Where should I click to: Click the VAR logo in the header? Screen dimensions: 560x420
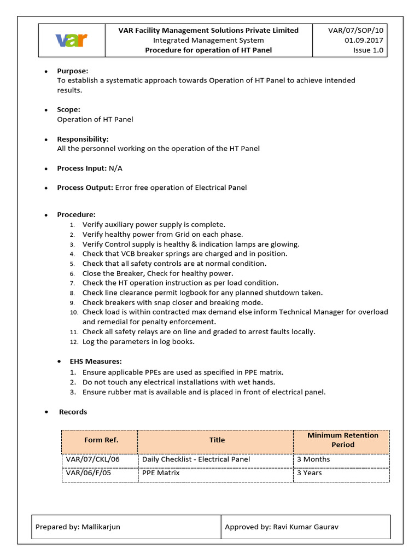point(72,40)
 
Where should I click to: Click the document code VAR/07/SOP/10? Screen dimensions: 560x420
point(356,31)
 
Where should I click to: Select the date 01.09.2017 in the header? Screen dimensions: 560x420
point(364,40)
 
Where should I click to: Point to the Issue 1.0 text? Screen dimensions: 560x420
point(369,50)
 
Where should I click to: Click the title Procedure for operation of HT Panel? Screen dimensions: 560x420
point(208,50)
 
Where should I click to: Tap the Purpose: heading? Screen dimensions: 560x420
point(73,71)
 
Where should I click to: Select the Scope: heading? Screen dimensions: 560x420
point(69,109)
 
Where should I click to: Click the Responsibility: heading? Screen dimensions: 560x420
point(83,139)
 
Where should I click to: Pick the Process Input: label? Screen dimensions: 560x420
point(81,168)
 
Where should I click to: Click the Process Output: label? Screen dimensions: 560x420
point(85,188)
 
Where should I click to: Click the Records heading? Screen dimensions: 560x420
point(73,412)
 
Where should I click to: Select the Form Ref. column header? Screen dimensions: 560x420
point(101,440)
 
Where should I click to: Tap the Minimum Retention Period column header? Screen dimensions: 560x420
point(342,440)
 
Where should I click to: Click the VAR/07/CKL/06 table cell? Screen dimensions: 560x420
point(92,459)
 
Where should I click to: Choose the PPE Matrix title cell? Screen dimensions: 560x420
point(161,473)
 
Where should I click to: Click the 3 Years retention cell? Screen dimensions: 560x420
point(309,473)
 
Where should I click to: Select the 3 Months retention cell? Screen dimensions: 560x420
point(313,459)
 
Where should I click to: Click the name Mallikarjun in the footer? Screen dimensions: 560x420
point(101,527)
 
